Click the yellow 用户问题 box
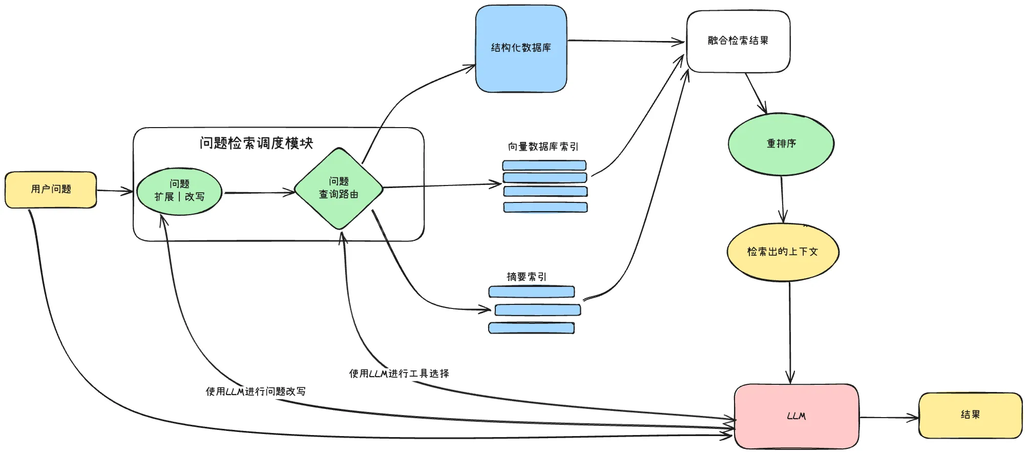pos(51,190)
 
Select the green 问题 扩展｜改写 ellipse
pos(179,191)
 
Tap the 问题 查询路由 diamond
pos(339,188)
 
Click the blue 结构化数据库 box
pos(521,49)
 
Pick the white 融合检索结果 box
pos(738,41)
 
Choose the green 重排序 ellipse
pos(781,144)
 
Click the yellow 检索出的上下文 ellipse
pos(782,252)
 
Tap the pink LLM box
pos(796,416)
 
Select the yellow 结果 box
pos(970,415)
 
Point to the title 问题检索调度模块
pos(256,143)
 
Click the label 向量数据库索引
pos(543,147)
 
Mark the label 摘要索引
pos(527,277)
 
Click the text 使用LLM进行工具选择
pos(399,374)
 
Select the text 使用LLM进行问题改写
pos(256,391)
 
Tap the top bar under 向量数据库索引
pos(544,166)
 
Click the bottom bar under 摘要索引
pos(531,328)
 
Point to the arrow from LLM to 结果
pos(889,418)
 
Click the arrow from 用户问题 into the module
pos(115,191)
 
